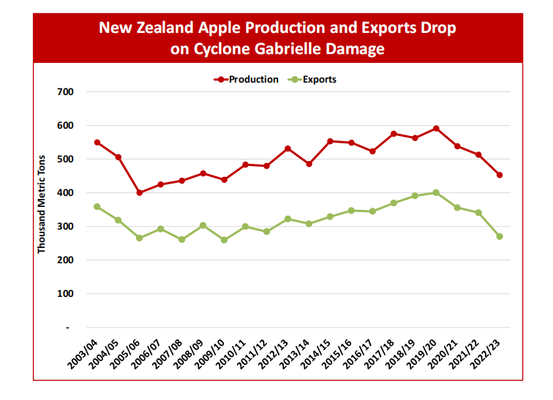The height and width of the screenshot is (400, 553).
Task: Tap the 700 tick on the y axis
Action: [66, 92]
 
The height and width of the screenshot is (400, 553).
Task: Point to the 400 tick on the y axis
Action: [66, 193]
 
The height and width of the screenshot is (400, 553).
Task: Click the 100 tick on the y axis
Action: [66, 294]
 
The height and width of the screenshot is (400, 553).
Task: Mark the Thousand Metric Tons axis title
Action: [42, 204]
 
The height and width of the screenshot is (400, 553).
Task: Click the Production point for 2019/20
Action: [436, 129]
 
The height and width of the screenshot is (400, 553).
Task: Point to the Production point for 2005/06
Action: [139, 193]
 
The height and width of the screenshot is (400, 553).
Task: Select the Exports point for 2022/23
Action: [500, 236]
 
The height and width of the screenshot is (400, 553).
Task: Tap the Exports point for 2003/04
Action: [97, 207]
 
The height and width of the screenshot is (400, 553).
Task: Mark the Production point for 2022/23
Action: [500, 175]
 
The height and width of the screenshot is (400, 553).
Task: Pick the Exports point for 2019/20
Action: [436, 193]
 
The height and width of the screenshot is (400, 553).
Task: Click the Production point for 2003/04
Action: [97, 143]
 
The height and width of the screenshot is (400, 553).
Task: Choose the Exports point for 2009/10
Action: [224, 240]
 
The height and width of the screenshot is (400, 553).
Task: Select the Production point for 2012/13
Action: [287, 148]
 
